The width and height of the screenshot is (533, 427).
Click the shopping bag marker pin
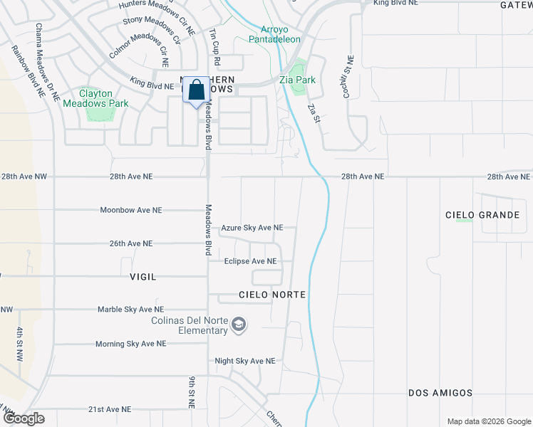point(197,91)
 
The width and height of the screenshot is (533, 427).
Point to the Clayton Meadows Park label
point(93,98)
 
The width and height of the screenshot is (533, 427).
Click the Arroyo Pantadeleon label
point(270,35)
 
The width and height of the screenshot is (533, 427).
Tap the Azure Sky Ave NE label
point(252,228)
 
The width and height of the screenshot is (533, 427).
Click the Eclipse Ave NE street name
point(249,261)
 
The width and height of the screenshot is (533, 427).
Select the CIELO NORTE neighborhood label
point(272,295)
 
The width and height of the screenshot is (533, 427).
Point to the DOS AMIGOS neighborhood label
point(440,393)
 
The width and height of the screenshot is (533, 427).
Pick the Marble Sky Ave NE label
point(130,310)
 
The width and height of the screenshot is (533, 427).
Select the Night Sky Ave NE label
point(245,362)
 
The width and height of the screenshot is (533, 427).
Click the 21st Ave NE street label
point(110,409)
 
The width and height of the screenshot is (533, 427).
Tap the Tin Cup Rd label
point(212,44)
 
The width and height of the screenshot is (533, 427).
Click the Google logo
point(24,418)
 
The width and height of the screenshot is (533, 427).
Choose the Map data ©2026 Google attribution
point(489,421)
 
